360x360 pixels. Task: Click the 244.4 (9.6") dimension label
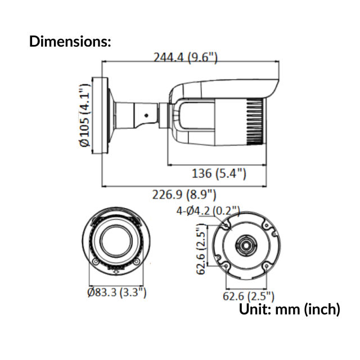(x=185, y=57)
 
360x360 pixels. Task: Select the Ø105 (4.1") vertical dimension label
(x=85, y=116)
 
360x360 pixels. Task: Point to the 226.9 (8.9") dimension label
(x=184, y=195)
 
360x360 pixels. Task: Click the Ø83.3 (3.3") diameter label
(x=116, y=292)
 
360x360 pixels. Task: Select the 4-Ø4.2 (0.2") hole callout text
(x=208, y=211)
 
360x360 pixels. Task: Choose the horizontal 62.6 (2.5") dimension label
(x=247, y=296)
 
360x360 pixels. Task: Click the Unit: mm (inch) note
(x=290, y=309)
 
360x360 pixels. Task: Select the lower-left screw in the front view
(x=96, y=263)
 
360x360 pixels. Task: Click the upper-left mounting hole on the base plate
(x=226, y=225)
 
